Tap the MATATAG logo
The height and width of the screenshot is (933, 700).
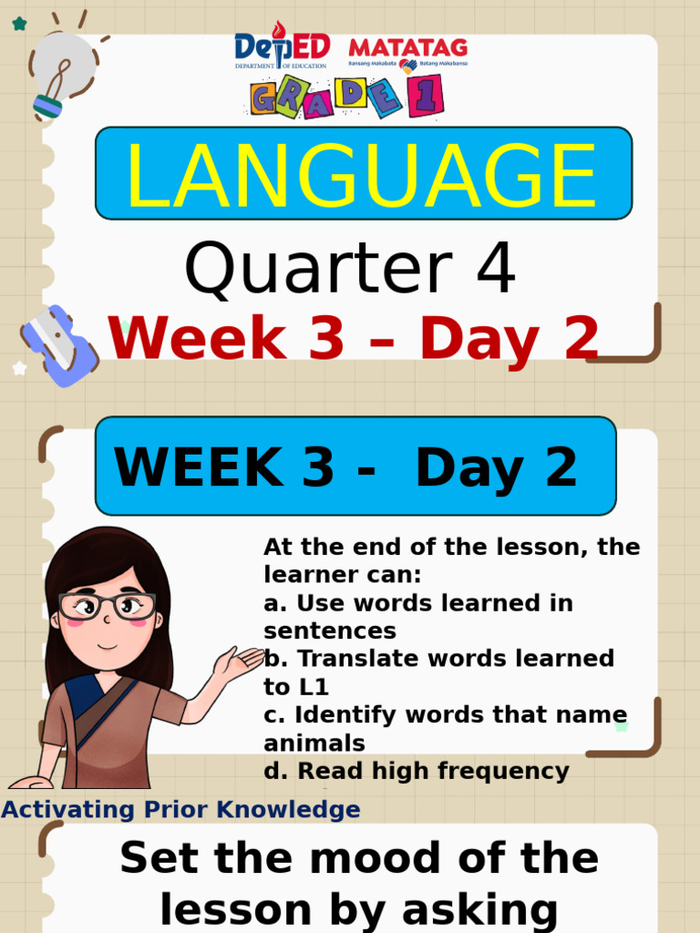pyautogui.click(x=407, y=53)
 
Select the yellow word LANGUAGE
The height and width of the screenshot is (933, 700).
pyautogui.click(x=362, y=174)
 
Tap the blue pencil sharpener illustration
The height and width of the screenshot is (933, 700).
pyautogui.click(x=59, y=345)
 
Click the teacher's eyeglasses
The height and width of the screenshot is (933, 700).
pyautogui.click(x=107, y=605)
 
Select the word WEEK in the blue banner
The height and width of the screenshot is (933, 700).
pyautogui.click(x=198, y=468)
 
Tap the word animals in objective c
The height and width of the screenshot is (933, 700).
pyautogui.click(x=314, y=743)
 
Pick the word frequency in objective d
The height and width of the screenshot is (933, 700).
pyautogui.click(x=503, y=772)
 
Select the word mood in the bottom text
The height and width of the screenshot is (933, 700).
pyautogui.click(x=341, y=858)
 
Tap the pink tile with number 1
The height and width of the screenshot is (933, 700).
pyautogui.click(x=426, y=96)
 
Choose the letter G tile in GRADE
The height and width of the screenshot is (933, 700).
pyautogui.click(x=264, y=97)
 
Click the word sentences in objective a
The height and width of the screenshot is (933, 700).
pyautogui.click(x=329, y=631)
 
